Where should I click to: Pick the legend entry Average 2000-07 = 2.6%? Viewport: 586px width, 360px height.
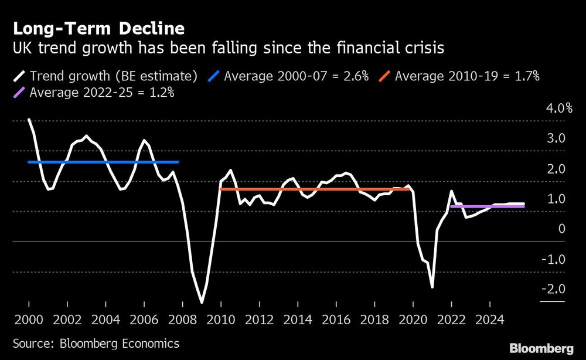[297, 76]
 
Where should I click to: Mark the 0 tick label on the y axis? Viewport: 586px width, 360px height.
[561, 229]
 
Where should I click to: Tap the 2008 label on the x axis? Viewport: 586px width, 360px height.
[182, 320]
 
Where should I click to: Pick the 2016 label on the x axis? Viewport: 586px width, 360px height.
[336, 320]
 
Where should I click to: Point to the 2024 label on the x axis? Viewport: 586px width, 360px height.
[489, 320]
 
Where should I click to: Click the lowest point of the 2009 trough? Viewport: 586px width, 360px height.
[202, 302]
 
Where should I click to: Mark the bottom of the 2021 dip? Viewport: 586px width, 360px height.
[432, 287]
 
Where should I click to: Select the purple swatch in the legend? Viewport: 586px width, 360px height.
[19, 92]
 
